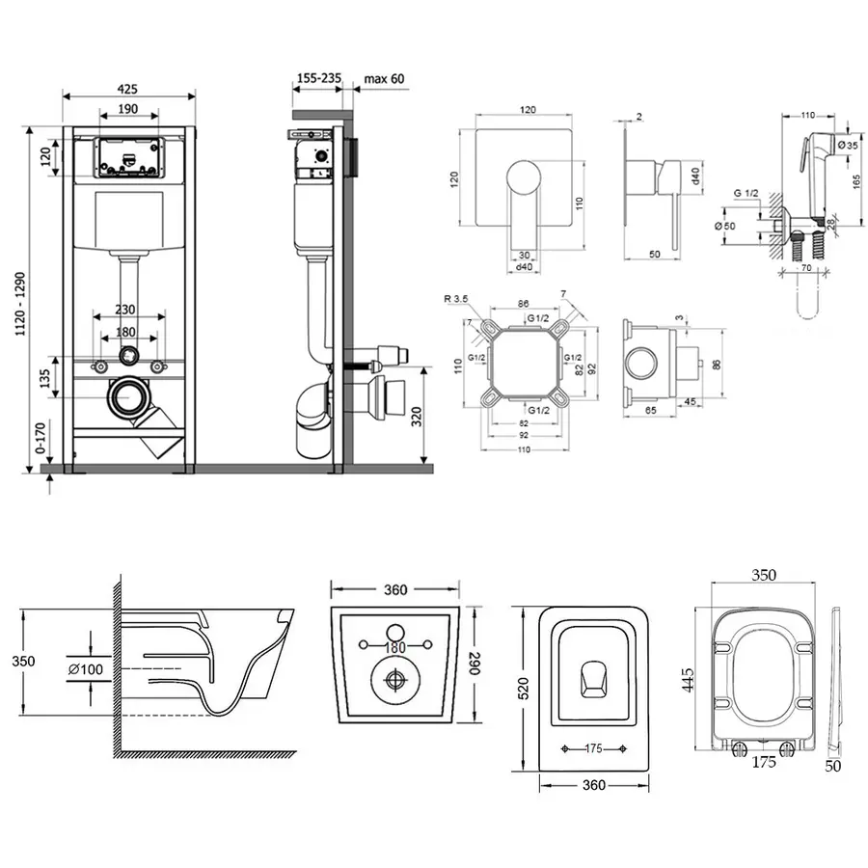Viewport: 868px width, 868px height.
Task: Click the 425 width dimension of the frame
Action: pos(127,87)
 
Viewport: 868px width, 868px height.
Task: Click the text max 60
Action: pos(384,78)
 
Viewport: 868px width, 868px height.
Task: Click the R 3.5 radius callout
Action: pos(460,301)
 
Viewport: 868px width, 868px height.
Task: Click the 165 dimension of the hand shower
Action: pos(856,179)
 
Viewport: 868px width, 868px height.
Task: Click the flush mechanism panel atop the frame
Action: pos(128,158)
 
